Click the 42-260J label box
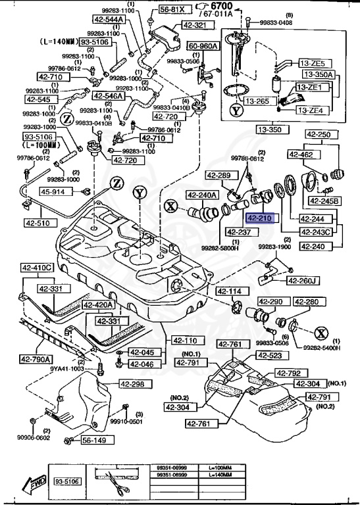[x=303, y=281]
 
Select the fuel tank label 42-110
[x=186, y=341]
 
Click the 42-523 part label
[x=269, y=356]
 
